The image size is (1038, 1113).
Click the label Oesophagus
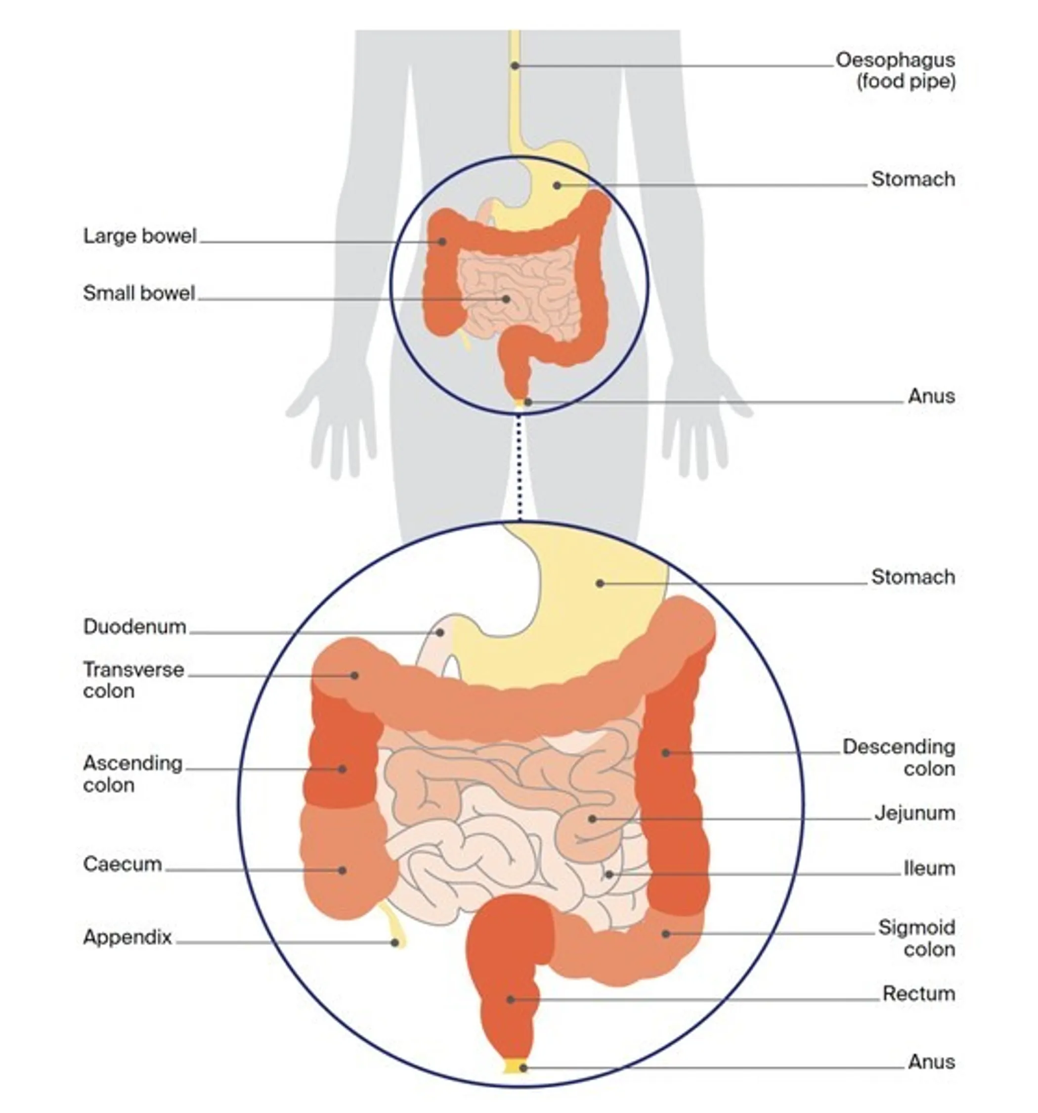coord(894,60)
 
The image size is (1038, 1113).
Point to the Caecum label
coord(122,864)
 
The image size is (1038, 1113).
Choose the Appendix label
coord(127,936)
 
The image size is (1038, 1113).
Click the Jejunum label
coord(914,813)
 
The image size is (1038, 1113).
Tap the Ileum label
coord(929,868)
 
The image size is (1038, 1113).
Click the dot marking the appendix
coord(394,943)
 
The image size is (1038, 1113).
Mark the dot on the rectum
coord(510,999)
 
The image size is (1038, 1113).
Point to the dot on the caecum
coord(342,870)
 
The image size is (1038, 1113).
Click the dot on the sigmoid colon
coord(666,933)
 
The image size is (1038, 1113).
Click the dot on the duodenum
coord(440,633)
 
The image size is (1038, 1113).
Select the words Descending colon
coord(899,757)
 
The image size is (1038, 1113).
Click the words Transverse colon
coord(133,680)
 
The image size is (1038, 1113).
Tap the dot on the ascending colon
coord(342,769)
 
